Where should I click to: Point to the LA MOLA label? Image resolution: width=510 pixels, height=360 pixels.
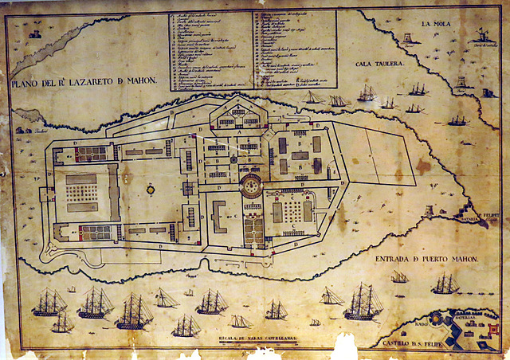437,25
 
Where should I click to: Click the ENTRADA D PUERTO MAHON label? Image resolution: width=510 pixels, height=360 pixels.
426,259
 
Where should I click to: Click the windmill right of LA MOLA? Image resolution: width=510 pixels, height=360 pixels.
481,35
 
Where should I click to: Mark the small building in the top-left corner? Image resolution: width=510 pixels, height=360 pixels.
34,33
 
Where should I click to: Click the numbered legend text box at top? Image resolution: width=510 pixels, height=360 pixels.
253,48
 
